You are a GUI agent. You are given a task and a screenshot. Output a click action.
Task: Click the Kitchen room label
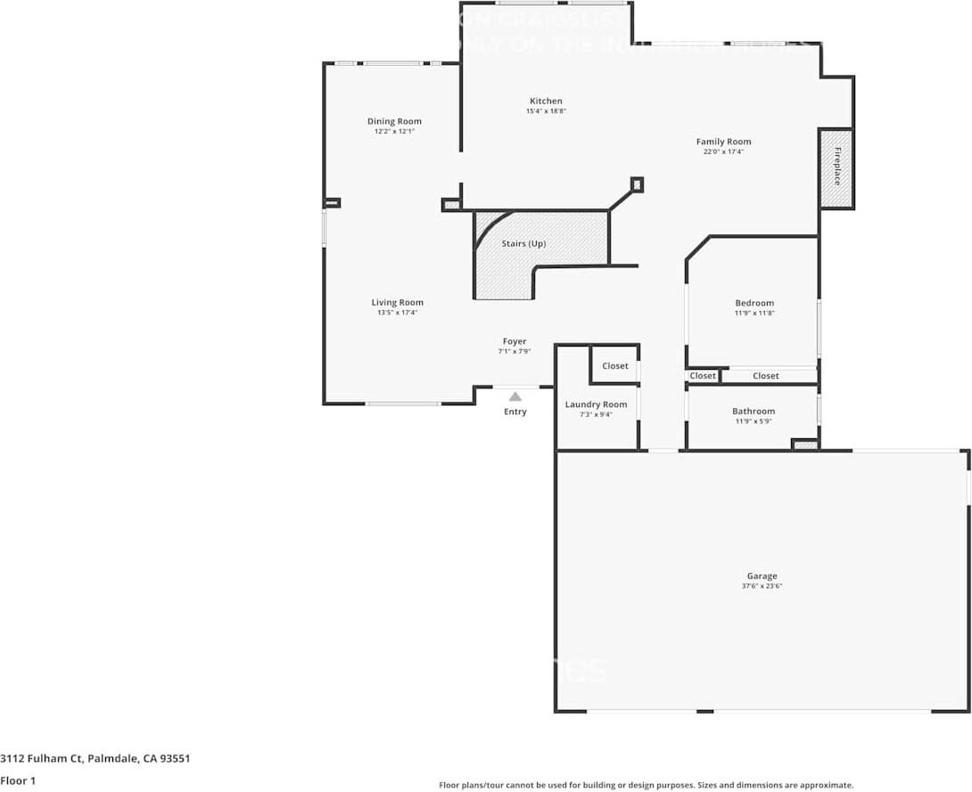(546, 102)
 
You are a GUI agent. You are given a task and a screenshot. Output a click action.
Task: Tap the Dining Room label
(394, 122)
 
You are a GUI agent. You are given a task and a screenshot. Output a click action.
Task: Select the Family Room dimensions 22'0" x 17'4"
(723, 152)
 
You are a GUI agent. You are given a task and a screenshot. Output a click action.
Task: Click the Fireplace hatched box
(836, 168)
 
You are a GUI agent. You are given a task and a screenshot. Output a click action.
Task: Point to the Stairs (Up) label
(523, 244)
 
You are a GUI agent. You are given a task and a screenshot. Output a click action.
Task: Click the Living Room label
(397, 303)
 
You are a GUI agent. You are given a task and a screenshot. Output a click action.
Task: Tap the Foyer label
(515, 342)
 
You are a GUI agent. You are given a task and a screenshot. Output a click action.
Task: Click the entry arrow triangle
(515, 396)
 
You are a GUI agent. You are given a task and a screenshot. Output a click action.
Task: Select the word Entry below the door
(515, 412)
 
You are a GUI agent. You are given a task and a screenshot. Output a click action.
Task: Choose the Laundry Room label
(596, 404)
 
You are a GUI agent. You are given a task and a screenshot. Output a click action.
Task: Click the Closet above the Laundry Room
(614, 366)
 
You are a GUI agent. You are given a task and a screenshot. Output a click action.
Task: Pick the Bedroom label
(754, 304)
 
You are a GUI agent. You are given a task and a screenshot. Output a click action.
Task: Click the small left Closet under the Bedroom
(703, 376)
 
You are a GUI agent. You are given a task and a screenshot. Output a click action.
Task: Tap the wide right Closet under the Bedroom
(765, 376)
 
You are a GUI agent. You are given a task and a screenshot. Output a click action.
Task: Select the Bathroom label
(754, 412)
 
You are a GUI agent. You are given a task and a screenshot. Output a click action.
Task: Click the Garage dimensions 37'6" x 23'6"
(762, 587)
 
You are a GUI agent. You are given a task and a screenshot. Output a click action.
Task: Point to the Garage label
(762, 576)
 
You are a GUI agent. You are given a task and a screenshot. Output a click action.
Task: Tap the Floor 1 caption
(18, 780)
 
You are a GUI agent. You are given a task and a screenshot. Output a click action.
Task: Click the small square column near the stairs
(636, 184)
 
